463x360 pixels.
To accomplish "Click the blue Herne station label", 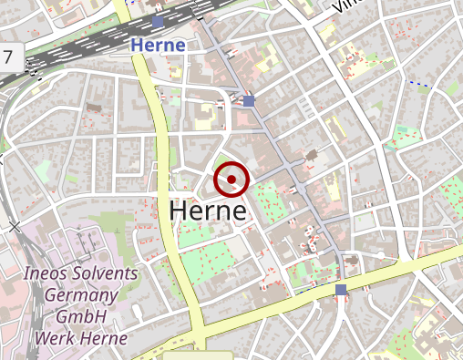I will click(158, 44).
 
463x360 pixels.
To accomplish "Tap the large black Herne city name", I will click(208, 211).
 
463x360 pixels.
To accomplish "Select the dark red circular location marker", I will click(231, 180).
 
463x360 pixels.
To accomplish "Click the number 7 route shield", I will click(9, 57).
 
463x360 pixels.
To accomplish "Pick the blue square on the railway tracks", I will click(159, 21).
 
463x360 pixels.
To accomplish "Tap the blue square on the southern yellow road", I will click(340, 290).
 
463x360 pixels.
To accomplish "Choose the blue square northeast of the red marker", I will click(249, 100).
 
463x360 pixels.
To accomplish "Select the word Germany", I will click(81, 295).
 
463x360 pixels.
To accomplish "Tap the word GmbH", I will click(81, 316).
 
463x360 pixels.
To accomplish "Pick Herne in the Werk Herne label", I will click(104, 337).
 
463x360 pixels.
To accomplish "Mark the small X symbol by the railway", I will click(14, 225).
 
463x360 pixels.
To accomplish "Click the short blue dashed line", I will click(418, 84).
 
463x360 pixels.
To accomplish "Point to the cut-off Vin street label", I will click(344, 6).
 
